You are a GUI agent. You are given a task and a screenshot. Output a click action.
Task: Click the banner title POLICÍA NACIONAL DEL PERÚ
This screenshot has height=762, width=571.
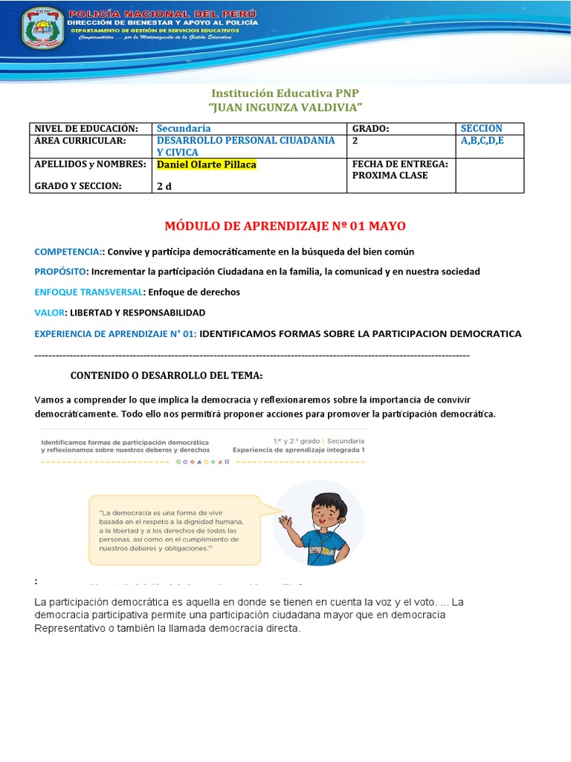tap(162, 14)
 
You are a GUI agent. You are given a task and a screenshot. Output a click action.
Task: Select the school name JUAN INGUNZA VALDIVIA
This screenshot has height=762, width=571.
tap(285, 109)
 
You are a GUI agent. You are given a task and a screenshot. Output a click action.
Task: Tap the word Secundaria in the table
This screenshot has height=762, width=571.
tap(184, 129)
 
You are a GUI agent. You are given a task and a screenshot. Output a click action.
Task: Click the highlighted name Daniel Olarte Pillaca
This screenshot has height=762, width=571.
tap(206, 164)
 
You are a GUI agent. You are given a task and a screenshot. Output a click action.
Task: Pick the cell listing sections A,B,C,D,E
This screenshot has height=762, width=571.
tap(482, 141)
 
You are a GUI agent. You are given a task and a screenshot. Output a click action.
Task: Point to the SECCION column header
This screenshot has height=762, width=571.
tap(482, 129)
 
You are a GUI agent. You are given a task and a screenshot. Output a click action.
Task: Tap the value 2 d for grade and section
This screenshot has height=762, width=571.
tap(164, 186)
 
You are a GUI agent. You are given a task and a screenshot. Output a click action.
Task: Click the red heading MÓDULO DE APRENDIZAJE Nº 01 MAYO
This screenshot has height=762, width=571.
tap(284, 225)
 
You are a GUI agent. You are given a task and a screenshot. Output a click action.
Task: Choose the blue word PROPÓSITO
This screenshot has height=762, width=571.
tap(61, 272)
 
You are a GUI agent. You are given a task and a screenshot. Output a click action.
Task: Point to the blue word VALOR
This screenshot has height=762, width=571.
tap(50, 312)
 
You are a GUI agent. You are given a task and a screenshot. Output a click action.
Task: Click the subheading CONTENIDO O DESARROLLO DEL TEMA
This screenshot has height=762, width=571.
tap(166, 375)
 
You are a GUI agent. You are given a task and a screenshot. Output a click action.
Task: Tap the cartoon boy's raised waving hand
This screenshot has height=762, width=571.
tap(285, 525)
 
